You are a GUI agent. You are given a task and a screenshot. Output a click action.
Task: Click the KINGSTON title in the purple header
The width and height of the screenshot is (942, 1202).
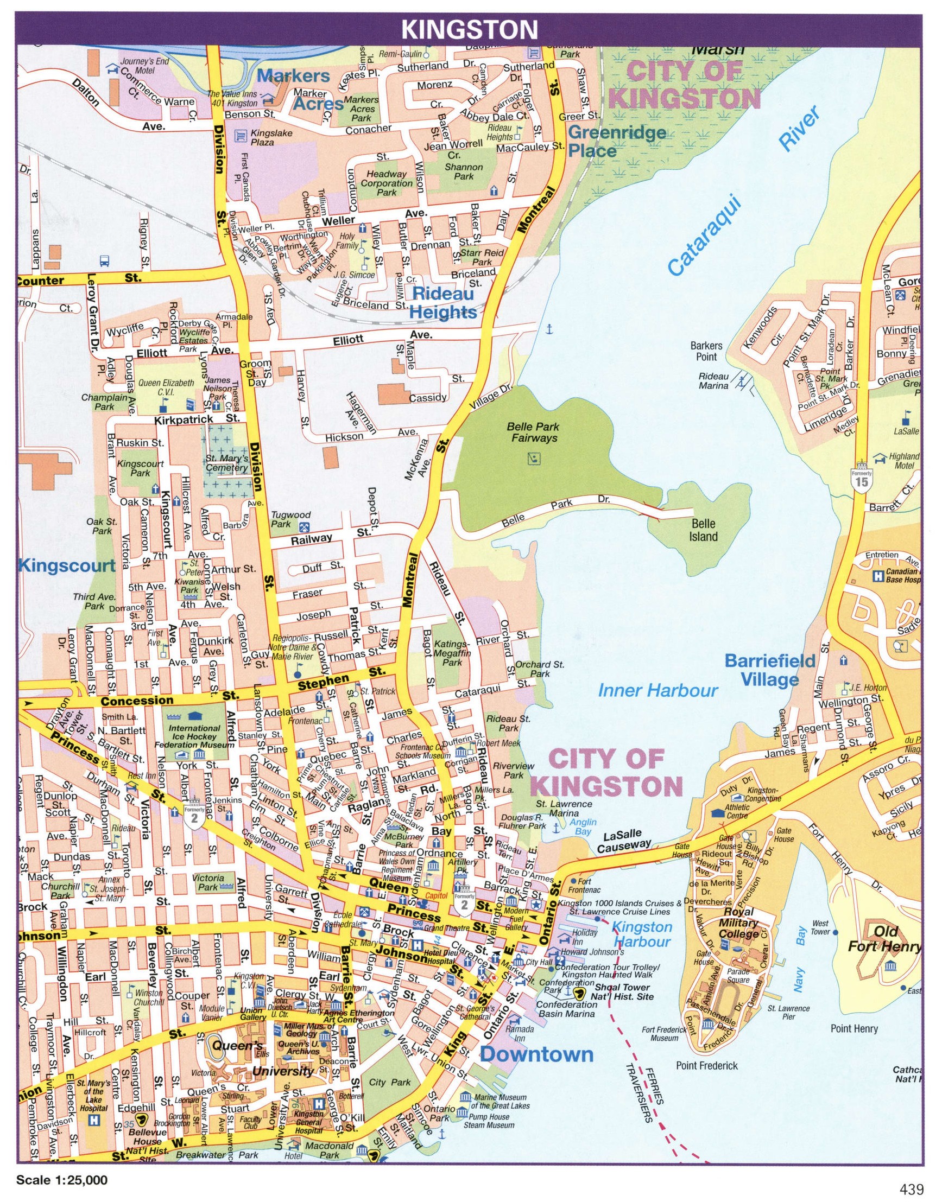click(x=470, y=29)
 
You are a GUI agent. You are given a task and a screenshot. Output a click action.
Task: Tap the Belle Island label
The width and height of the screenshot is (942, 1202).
click(x=703, y=530)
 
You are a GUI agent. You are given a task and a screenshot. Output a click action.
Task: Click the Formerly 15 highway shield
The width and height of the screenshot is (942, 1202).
click(x=861, y=479)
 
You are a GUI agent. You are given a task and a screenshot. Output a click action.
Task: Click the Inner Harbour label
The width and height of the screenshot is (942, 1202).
click(x=659, y=690)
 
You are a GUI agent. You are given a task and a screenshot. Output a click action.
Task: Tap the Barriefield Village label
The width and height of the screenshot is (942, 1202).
click(x=769, y=670)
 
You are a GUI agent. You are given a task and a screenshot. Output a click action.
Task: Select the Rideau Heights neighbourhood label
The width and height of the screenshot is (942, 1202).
click(x=444, y=303)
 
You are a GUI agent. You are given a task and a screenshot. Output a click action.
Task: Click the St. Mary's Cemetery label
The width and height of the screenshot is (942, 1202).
click(x=226, y=463)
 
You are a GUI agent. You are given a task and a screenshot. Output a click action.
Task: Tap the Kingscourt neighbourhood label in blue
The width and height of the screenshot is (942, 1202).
click(x=67, y=565)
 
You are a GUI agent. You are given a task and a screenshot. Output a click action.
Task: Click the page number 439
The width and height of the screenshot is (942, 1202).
click(x=911, y=1186)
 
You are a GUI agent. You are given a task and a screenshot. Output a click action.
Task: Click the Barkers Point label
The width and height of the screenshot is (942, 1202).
click(x=706, y=351)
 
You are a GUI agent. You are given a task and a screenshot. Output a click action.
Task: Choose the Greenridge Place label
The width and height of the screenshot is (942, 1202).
click(x=616, y=141)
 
